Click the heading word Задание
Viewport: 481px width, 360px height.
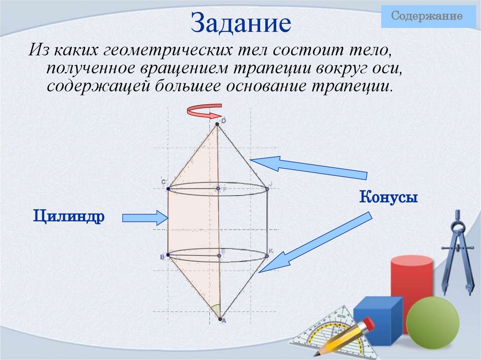pos(240,23)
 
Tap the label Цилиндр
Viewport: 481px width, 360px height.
pos(69,217)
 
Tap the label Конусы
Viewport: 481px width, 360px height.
pos(389,197)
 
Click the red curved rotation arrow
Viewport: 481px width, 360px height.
pos(203,112)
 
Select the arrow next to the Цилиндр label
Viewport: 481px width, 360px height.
pos(144,217)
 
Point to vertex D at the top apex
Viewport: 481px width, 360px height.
pos(217,124)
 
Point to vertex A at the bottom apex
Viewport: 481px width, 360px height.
pos(220,319)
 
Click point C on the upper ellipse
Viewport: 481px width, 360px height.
pos(168,188)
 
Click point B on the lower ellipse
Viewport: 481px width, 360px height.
pos(168,255)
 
